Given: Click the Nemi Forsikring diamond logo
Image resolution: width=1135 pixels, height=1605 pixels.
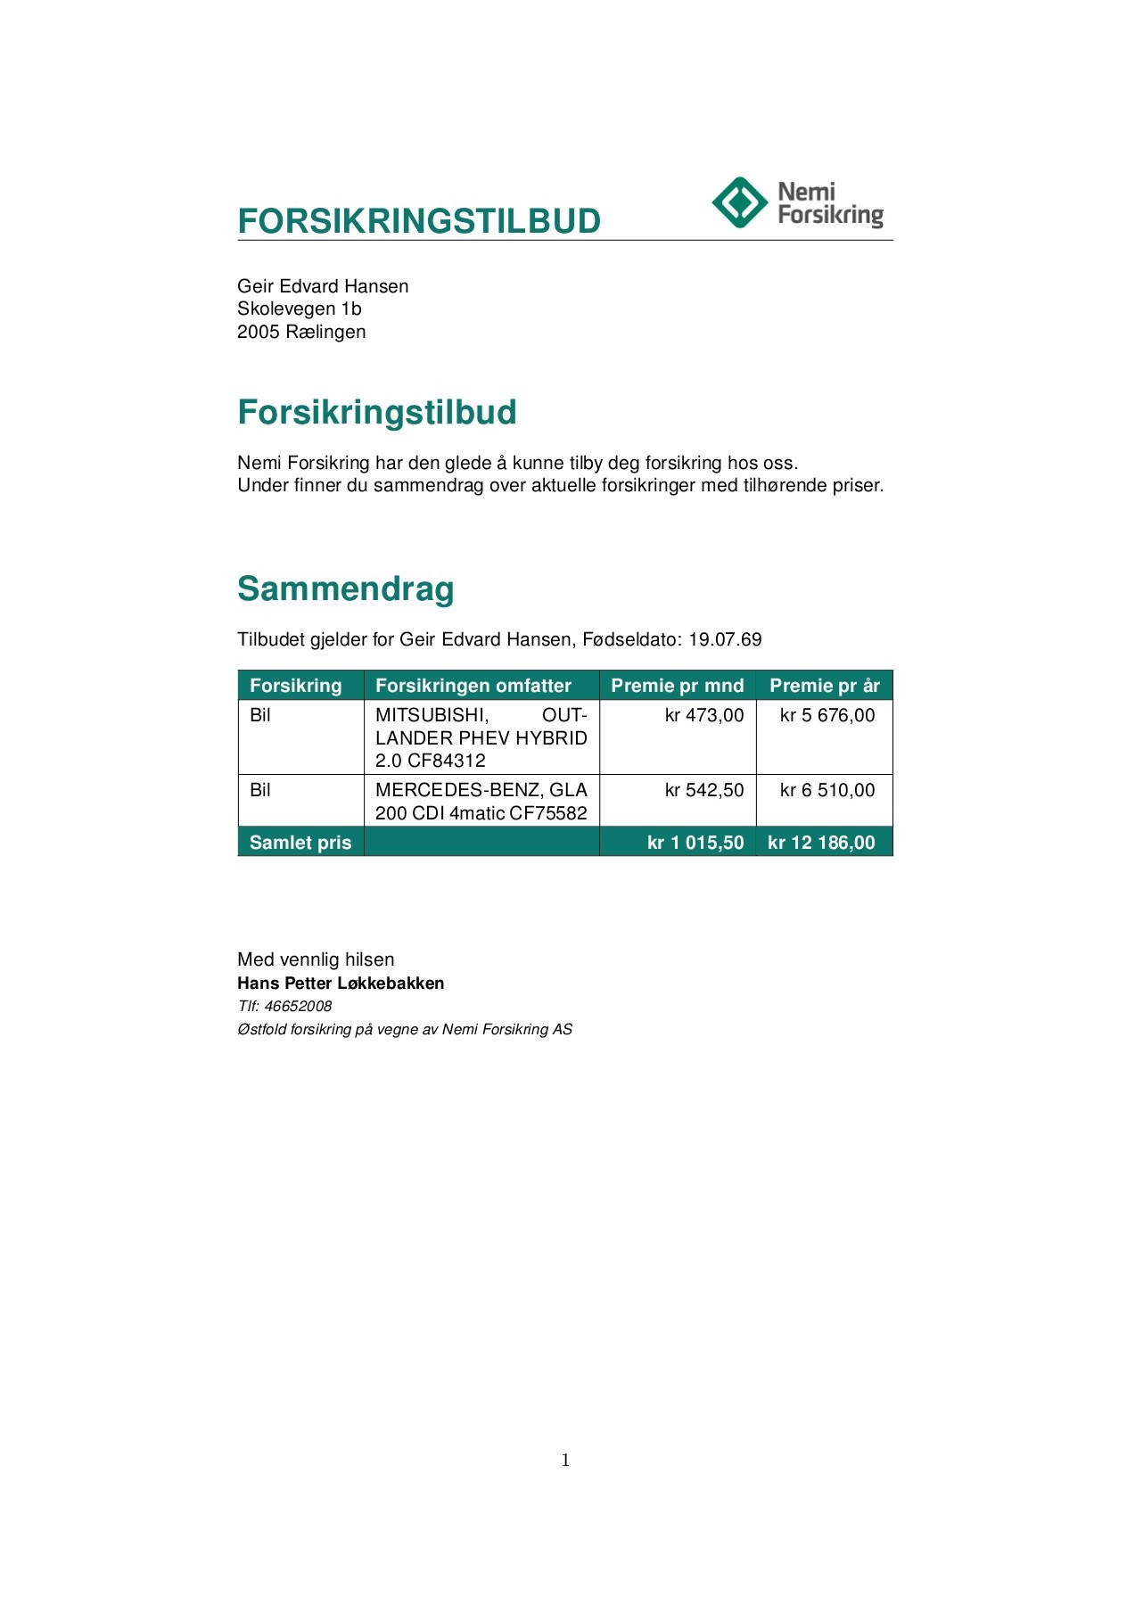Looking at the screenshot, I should tap(739, 202).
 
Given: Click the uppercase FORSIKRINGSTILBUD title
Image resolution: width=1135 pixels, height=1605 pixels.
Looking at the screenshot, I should tap(419, 221).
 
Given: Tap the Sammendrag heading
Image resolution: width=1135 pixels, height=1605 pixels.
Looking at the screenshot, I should tap(346, 588).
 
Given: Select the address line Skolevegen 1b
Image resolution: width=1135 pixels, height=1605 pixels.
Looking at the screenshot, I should tap(300, 309).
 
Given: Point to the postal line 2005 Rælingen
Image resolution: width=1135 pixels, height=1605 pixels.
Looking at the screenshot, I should tap(301, 332).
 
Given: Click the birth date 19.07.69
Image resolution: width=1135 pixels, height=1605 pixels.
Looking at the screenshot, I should tap(725, 639).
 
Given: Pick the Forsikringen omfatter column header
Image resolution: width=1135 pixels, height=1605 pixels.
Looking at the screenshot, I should tap(473, 686).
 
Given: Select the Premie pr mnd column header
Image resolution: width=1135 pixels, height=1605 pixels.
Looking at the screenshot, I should tap(677, 686).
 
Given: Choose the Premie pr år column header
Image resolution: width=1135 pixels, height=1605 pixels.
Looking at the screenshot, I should tap(825, 686).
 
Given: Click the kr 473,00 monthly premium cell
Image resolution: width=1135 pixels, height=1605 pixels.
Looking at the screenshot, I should tap(704, 715).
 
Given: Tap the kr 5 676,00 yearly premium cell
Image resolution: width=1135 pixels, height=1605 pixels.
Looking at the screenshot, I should tap(827, 715).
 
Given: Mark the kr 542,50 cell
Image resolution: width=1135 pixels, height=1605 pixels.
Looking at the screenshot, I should tap(704, 790).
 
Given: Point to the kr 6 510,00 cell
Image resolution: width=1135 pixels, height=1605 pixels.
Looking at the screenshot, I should tap(827, 790).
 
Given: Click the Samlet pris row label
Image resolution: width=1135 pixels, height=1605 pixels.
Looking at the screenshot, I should tap(300, 843).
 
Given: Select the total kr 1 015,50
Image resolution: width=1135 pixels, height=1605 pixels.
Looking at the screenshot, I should tap(695, 843).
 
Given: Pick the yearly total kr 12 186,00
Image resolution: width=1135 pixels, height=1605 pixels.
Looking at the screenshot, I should tap(821, 843).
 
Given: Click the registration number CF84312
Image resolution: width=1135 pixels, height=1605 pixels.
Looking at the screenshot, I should tap(447, 761).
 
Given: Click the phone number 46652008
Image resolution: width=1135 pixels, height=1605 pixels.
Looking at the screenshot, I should tap(298, 1006).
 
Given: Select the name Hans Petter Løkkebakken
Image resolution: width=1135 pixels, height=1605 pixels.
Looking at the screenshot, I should tap(341, 984).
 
